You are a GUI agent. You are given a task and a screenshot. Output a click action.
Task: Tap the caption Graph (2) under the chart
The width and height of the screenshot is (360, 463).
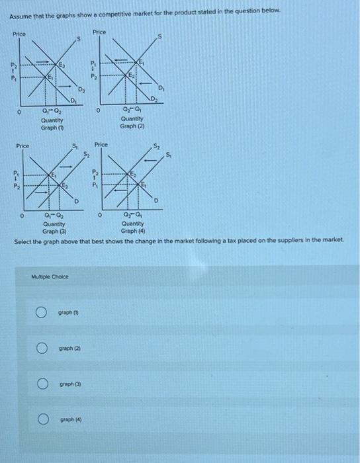[132, 126]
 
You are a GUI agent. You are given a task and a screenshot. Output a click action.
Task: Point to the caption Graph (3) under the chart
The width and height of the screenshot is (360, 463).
[52, 232]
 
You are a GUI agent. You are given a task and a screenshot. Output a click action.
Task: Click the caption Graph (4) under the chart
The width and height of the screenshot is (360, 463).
[132, 232]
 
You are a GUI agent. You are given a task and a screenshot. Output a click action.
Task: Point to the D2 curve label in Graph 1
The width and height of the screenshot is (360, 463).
[81, 89]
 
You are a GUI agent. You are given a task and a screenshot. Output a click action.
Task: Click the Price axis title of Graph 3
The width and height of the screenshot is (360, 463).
[22, 145]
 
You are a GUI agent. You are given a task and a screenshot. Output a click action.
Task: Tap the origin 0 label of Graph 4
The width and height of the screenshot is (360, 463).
[99, 214]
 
